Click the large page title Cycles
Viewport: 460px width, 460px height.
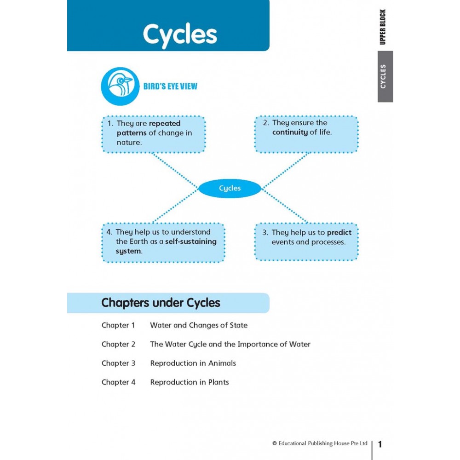179,34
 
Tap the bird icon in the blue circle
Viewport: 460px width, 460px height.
120,86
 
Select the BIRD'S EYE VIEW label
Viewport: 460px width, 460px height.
170,86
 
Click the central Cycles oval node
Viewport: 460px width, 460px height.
230,188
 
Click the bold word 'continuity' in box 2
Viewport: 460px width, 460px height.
290,132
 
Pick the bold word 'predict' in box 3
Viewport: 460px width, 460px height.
339,232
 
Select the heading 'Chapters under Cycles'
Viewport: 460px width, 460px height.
161,303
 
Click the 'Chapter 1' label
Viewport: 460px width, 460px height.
118,325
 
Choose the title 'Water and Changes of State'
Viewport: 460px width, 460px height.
199,325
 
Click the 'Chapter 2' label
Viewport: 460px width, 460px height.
118,344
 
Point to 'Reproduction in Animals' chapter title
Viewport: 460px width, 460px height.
193,363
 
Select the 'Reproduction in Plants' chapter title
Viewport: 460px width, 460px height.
189,382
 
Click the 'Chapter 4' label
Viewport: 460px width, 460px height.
118,382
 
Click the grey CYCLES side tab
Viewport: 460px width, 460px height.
385,76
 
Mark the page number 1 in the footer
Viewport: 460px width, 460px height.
380,444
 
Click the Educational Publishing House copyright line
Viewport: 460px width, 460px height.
320,443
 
